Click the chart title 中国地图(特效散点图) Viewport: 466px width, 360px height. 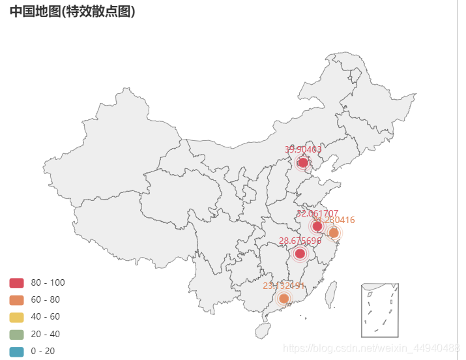point(72,11)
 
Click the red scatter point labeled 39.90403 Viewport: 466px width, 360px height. point(302,162)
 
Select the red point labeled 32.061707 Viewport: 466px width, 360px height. point(317,226)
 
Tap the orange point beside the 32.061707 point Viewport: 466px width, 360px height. point(334,233)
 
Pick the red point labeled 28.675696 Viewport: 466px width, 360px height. point(300,254)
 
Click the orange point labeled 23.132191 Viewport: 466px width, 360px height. point(284,299)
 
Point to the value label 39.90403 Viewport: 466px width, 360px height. point(302,149)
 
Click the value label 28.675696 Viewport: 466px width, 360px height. point(300,241)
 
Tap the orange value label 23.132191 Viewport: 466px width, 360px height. point(284,286)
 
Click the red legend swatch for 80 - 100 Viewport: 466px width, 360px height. point(17,282)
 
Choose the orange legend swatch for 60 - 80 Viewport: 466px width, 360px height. point(17,299)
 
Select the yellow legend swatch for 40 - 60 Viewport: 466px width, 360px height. point(17,316)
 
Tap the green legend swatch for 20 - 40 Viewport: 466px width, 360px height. point(17,334)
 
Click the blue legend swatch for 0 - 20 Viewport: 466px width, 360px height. point(17,351)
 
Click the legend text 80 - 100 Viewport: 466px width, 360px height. point(48,282)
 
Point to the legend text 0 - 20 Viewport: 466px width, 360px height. point(43,351)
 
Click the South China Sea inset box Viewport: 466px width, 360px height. point(379,310)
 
